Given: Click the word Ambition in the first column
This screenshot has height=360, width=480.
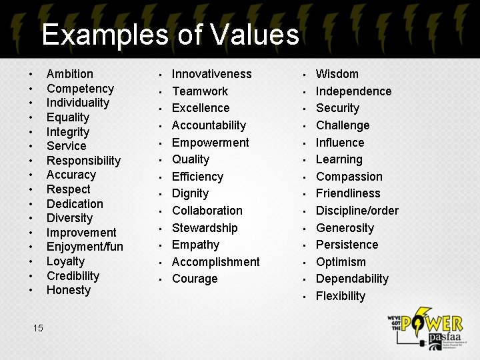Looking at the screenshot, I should [x=69, y=74].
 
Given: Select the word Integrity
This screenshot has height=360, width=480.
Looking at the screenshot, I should [x=67, y=132].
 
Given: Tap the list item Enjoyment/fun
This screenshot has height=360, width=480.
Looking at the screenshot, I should [x=85, y=247].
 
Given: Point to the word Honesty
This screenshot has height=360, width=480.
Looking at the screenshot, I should [x=68, y=290].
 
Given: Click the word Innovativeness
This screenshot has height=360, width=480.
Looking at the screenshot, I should [x=211, y=74].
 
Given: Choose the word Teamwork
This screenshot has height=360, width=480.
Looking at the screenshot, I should [x=199, y=91].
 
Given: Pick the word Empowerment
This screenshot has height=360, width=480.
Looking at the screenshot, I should [x=210, y=143].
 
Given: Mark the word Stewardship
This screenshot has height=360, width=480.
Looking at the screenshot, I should [x=204, y=228].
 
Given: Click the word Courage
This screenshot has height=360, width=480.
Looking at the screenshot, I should [x=195, y=279].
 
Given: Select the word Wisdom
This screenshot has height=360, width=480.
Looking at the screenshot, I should [x=337, y=74].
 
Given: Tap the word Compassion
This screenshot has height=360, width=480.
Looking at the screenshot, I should [x=349, y=177].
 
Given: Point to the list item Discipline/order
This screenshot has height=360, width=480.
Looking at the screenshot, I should [x=357, y=211].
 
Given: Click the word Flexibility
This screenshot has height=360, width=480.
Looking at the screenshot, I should [x=340, y=296].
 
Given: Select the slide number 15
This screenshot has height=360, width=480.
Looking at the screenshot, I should [x=38, y=327].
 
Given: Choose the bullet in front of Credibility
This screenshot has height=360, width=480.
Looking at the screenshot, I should [x=31, y=276].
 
